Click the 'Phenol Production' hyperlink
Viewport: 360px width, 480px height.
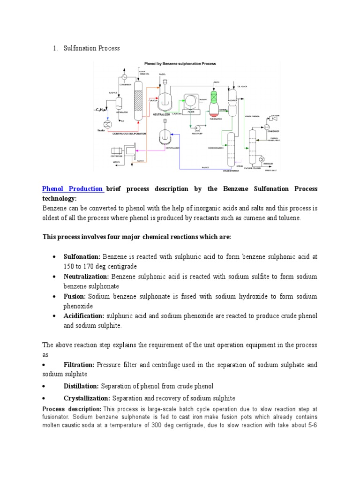(x=73, y=189)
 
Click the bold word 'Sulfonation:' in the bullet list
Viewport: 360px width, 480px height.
(x=82, y=257)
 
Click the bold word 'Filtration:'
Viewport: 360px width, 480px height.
(x=79, y=365)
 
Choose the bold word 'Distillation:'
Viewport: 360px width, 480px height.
(x=81, y=386)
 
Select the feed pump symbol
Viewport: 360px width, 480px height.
(x=198, y=128)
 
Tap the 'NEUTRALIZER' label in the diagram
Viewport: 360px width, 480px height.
(x=162, y=114)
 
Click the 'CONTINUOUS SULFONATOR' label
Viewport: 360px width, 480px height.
(x=129, y=134)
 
